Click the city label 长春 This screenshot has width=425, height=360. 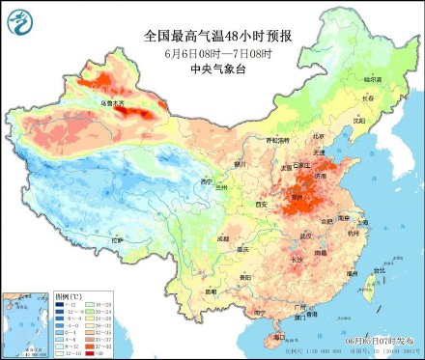pyautogui.click(x=367, y=97)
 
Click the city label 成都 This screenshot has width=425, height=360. pyautogui.click(x=224, y=236)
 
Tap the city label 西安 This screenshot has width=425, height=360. pyautogui.click(x=259, y=205)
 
